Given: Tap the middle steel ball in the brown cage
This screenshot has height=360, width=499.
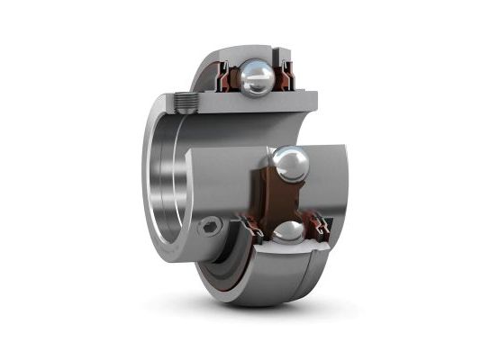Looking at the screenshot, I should tap(291, 165).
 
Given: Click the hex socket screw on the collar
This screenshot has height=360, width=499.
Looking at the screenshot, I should tap(210, 227).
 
